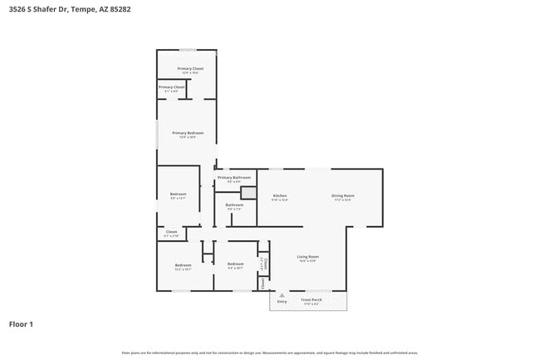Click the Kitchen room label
(279, 195)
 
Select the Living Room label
(308, 257)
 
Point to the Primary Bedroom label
(188, 133)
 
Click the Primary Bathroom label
(234, 177)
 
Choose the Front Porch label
(311, 300)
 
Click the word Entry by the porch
(282, 301)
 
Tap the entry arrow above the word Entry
(282, 294)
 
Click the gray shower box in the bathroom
(248, 192)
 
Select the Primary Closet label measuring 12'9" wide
(190, 68)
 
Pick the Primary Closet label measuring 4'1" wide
(171, 86)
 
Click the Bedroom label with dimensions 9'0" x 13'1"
(178, 195)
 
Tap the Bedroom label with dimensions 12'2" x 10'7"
(183, 265)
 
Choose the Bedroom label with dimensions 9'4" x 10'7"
(235, 265)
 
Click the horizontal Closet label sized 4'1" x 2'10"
(171, 232)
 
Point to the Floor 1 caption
(21, 323)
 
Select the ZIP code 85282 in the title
(120, 9)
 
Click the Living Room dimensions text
(308, 262)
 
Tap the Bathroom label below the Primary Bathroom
(234, 205)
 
